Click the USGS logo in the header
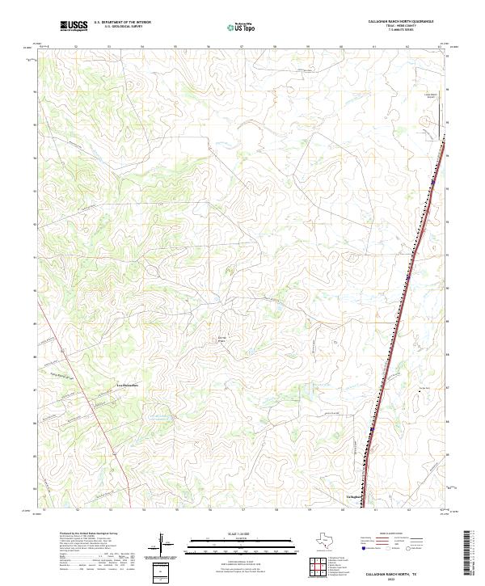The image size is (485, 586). coord(74,26)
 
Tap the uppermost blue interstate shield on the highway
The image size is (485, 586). coord(434,182)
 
